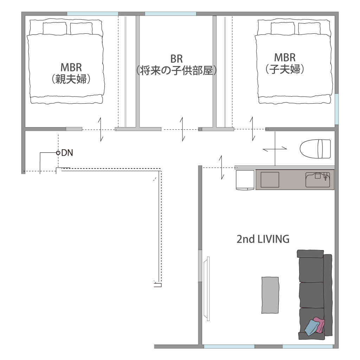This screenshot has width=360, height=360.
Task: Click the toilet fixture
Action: [315, 149]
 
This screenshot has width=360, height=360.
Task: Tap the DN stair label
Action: [67, 153]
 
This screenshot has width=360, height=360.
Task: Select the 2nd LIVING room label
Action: [263, 239]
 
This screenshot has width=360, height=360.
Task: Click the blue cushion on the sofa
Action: [312, 328]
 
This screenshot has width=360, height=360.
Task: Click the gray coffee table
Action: [270, 295]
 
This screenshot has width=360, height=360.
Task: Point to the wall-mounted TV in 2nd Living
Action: [207, 289]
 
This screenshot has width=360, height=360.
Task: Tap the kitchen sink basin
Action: [318, 180]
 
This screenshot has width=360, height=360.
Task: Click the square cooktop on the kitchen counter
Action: [270, 180]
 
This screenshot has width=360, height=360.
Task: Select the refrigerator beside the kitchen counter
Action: [245, 180]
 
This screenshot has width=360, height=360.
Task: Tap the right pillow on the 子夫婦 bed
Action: [309, 28]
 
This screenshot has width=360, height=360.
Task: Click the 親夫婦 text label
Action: [71, 79]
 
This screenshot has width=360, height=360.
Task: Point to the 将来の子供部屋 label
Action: [176, 70]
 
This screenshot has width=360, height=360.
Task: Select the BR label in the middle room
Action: [176, 59]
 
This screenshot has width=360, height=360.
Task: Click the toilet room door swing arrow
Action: [275, 149]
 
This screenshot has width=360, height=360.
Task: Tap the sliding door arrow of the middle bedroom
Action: [182, 129]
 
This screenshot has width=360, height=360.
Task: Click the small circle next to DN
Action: [58, 153]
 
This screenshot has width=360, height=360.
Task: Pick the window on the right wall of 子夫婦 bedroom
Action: [336, 109]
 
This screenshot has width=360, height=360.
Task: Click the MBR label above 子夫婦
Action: [285, 57]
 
